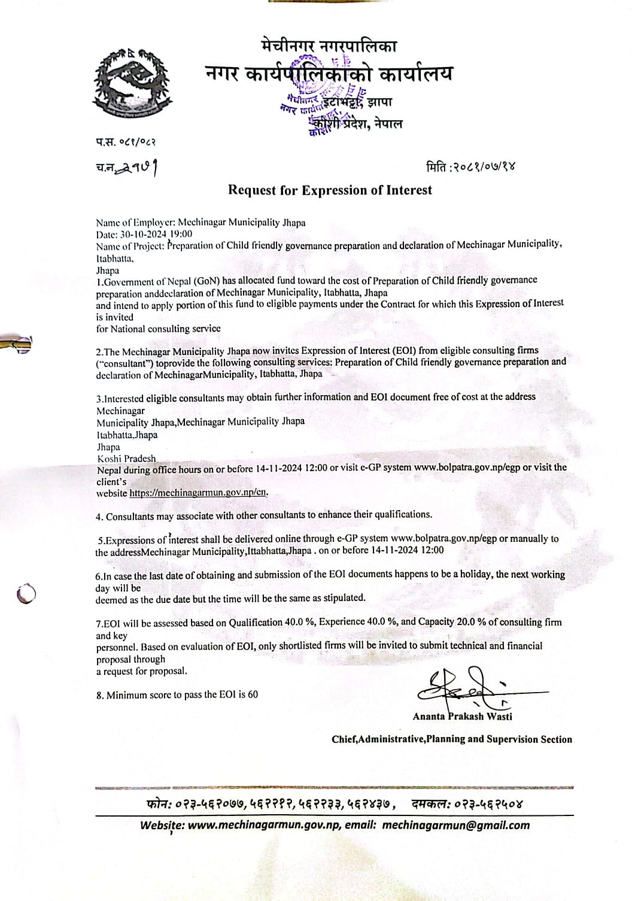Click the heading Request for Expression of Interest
click(x=330, y=190)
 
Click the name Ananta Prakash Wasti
click(x=462, y=716)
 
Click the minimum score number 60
click(x=253, y=694)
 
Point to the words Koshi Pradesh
click(x=126, y=459)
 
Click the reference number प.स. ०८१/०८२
click(x=125, y=142)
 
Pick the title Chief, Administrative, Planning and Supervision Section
click(x=452, y=739)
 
